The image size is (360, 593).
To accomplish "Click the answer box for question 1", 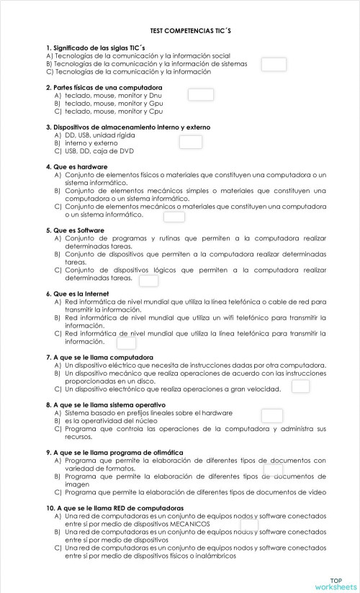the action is coord(274,65).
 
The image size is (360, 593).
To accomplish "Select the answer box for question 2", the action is coord(201,94).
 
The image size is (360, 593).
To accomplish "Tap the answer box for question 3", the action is coord(190,142).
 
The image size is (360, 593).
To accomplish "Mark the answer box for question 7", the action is coord(300,386).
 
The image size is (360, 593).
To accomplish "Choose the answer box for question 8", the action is coord(272,415).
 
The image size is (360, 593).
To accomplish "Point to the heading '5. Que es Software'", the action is coord(75,230).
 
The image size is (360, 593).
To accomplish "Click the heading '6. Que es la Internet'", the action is coord(78,294).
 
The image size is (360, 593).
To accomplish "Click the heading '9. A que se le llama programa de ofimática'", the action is coord(114,452).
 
